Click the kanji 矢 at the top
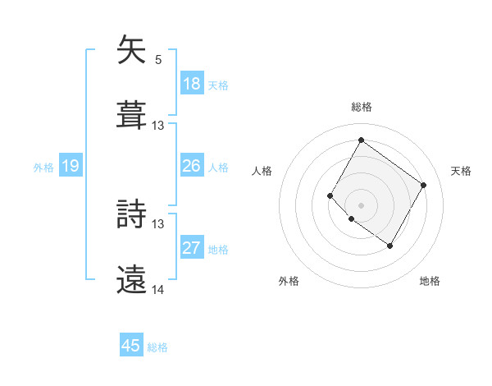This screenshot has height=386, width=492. click(132, 50)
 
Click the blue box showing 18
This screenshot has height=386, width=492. click(191, 83)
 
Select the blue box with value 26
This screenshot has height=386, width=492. click(191, 166)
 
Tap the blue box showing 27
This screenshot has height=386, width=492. click(191, 248)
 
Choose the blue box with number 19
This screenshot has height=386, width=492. click(70, 166)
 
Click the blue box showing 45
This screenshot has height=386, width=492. click(131, 346)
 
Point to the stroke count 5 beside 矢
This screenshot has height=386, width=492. click(158, 60)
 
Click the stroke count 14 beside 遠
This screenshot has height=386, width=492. click(158, 289)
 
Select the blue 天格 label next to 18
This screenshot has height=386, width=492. click(218, 85)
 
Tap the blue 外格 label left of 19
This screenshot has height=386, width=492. click(43, 168)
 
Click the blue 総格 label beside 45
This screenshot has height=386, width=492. click(157, 347)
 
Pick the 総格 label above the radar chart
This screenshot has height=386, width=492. click(361, 107)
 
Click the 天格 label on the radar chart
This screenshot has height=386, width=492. click(461, 171)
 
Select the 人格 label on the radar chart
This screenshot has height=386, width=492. click(262, 171)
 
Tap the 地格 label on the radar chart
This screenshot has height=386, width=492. click(430, 281)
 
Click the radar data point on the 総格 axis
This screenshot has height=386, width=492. click(361, 140)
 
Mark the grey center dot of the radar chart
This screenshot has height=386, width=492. click(361, 204)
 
